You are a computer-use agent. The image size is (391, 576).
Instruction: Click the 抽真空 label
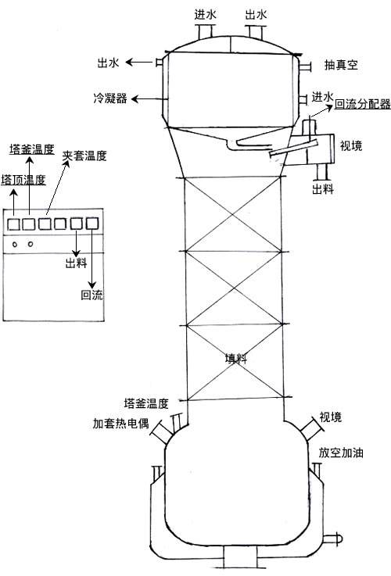click(x=341, y=66)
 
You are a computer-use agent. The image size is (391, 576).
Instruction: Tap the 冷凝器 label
click(x=110, y=98)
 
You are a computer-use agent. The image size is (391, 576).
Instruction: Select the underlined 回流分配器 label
click(x=362, y=104)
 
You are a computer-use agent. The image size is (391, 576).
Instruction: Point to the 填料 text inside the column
click(x=236, y=358)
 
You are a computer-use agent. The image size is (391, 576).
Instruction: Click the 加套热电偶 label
click(x=120, y=423)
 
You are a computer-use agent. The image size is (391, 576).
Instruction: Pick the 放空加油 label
click(x=341, y=453)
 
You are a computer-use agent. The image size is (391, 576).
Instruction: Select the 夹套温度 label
click(x=84, y=156)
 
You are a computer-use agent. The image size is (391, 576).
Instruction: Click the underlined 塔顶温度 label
click(x=23, y=180)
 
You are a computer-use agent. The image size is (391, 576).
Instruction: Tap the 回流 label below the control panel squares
click(x=91, y=295)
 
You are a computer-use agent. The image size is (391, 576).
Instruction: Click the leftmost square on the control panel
click(x=13, y=224)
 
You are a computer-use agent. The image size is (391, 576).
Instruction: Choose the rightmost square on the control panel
click(x=92, y=224)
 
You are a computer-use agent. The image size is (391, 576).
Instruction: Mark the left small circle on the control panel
click(x=15, y=245)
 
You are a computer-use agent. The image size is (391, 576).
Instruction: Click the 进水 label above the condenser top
click(x=205, y=15)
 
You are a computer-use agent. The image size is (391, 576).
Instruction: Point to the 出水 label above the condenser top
click(x=256, y=15)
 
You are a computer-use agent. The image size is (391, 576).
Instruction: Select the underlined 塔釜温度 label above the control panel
click(x=32, y=149)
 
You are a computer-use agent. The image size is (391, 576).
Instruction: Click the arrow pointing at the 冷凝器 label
click(x=147, y=98)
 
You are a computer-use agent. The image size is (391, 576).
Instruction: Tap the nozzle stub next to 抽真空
click(x=306, y=67)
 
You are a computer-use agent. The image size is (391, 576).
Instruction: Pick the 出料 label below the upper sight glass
click(x=323, y=189)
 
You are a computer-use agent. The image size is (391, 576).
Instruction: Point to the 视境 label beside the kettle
click(x=330, y=417)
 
